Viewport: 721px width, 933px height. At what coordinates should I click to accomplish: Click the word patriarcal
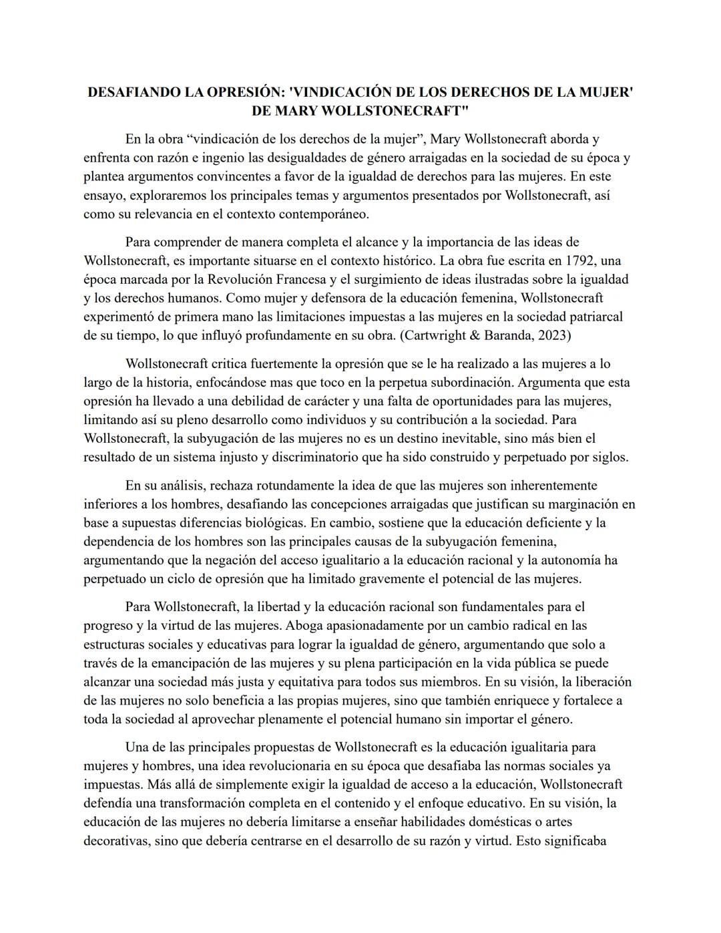coord(593,316)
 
